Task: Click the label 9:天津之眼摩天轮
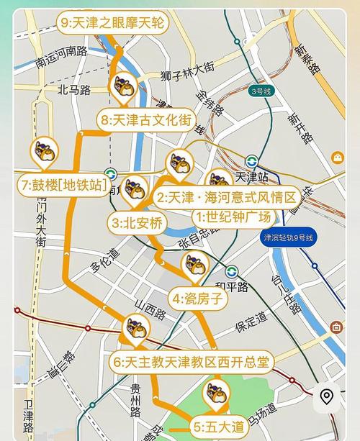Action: coord(113,23)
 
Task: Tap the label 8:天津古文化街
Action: coord(148,119)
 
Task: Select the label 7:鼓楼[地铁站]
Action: coord(61,185)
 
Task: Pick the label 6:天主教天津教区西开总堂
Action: coord(191,361)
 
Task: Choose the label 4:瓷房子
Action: coord(199,297)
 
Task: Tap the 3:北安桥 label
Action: coord(138,222)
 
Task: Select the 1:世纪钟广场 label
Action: coord(234,217)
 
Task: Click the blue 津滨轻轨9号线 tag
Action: coord(289,237)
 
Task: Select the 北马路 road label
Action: coord(74,90)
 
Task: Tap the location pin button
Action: coord(327,397)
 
